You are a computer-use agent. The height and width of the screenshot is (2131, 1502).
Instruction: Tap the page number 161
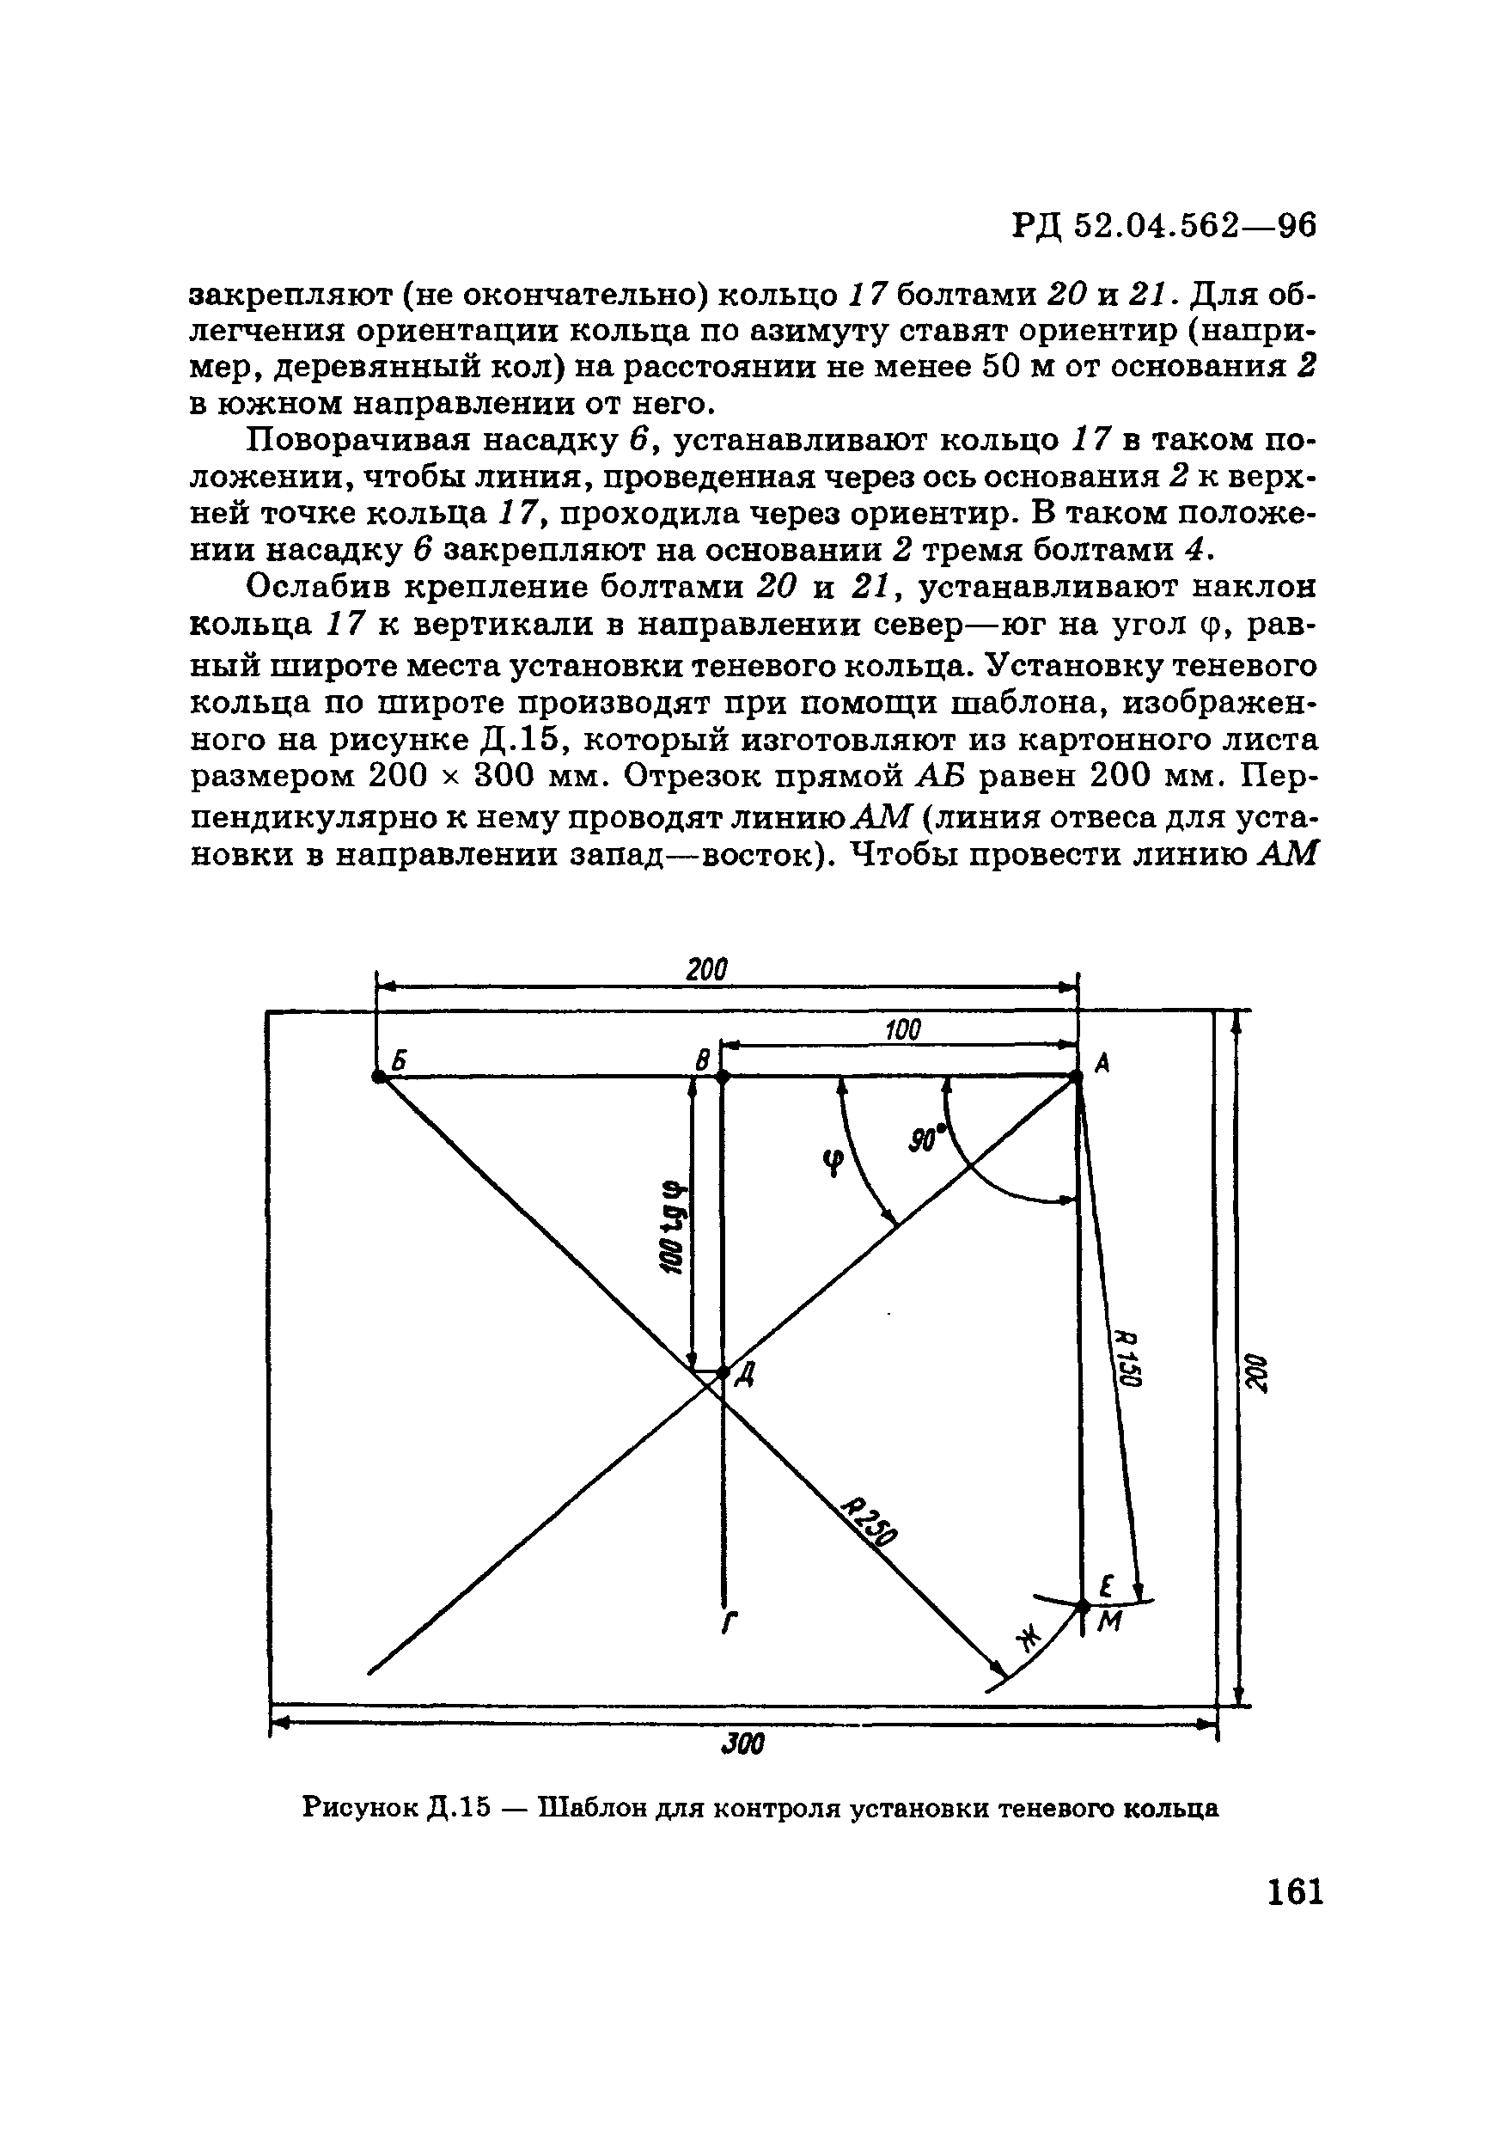[1294, 1891]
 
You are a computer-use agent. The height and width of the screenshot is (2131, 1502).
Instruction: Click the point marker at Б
[378, 1077]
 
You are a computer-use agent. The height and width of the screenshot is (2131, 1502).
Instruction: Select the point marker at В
[724, 1077]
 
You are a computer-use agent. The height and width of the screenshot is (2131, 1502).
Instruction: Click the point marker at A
[1077, 1077]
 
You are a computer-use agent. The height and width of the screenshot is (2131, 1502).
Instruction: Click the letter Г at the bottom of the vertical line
[730, 1624]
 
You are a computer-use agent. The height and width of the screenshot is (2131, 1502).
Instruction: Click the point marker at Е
[1083, 1605]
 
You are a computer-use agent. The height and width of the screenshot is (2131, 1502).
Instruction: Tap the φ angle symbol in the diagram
[832, 1161]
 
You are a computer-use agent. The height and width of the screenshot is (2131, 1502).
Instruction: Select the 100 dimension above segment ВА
[901, 1029]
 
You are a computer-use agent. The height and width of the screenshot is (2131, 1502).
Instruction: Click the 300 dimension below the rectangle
[742, 1746]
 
